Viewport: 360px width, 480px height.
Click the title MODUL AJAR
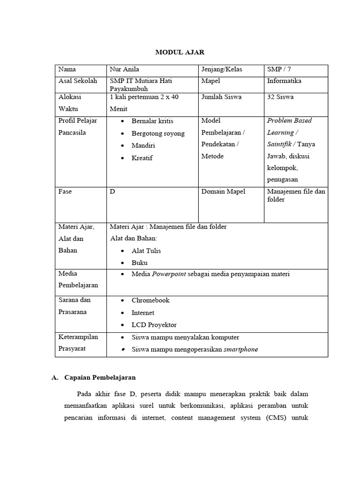coord(180,52)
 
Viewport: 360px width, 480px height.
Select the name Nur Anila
coord(124,69)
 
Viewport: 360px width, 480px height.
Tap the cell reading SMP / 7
coord(279,69)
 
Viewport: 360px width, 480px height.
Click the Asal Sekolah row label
coord(77,81)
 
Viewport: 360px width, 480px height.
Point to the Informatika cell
coord(284,81)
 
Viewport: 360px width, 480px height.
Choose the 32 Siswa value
coord(280,97)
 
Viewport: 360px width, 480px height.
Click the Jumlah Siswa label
coord(221,97)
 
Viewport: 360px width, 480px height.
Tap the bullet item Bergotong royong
coord(158,134)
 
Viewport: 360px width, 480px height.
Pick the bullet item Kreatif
coord(142,158)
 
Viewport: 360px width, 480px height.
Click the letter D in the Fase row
coord(112,192)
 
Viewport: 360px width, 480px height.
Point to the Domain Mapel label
coord(223,192)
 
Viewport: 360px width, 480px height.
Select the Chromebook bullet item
coord(150,300)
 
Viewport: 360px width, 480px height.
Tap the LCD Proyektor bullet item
coord(154,325)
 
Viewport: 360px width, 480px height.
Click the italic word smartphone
coord(240,350)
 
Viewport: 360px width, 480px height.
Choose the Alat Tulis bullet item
coord(146,251)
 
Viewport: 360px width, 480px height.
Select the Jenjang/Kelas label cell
coord(222,69)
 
